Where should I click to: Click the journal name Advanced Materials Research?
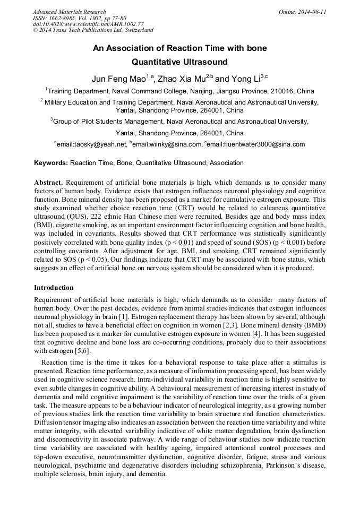coord(69,12)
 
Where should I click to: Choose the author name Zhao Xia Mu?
coord(182,79)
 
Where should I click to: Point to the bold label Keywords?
coord(51,163)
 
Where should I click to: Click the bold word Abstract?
coord(48,182)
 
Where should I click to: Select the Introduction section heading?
coord(54,287)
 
